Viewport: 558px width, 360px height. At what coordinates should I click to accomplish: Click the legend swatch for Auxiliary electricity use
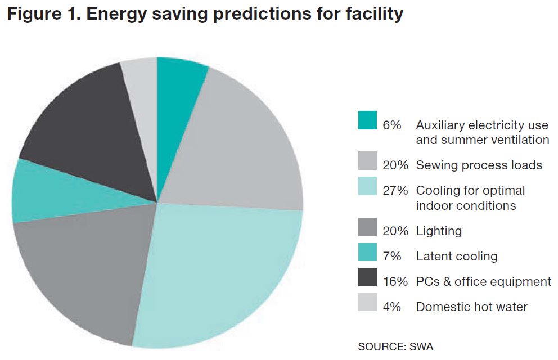(x=367, y=120)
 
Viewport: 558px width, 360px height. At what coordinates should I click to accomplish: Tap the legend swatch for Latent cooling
(x=367, y=253)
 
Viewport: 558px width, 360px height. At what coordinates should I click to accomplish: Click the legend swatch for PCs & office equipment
(x=367, y=278)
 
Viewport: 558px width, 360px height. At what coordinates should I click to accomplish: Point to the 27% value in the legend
(x=395, y=191)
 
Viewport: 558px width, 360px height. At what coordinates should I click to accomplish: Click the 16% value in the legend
(x=395, y=282)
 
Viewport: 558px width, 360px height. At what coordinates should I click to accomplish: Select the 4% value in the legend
(x=391, y=307)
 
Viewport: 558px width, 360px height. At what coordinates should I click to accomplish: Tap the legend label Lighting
(x=439, y=231)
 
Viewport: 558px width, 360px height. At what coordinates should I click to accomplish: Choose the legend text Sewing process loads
(x=479, y=165)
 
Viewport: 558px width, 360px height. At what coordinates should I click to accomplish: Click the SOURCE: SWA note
(x=395, y=346)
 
